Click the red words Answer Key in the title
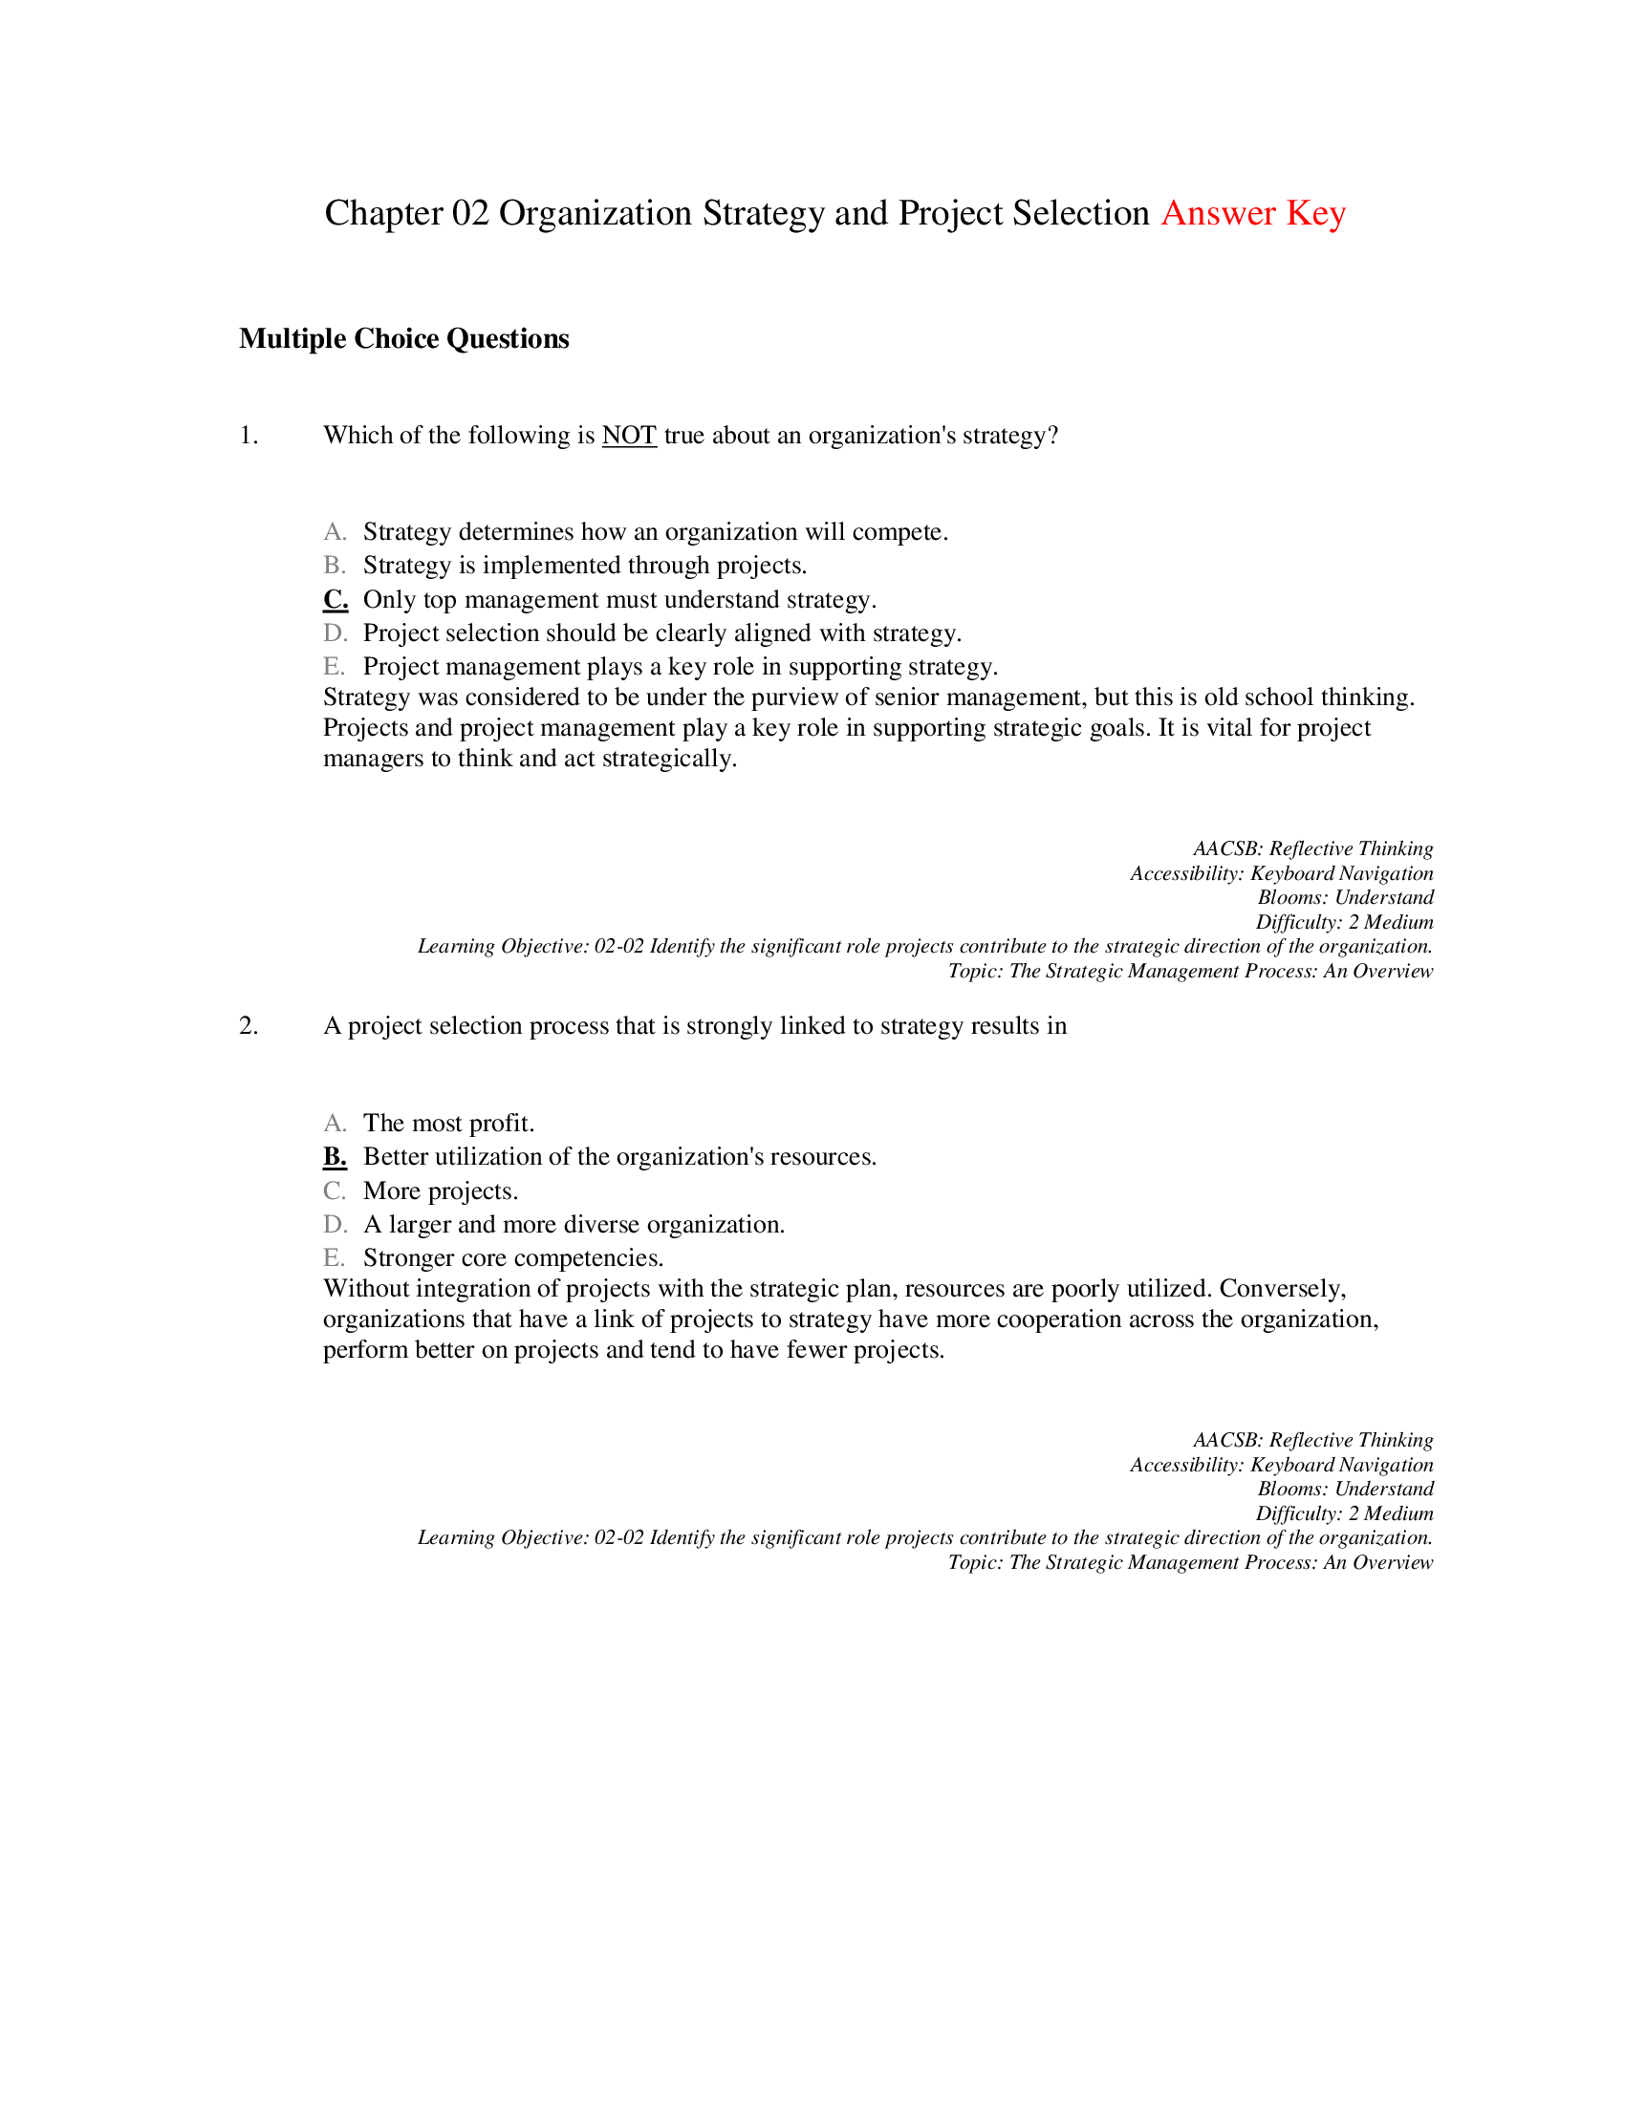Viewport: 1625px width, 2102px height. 1252,214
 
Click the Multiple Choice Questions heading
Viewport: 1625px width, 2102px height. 403,339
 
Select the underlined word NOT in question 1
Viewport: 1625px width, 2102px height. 629,436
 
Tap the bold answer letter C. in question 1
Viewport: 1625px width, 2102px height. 335,600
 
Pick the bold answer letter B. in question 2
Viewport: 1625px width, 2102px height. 335,1157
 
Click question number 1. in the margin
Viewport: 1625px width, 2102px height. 249,436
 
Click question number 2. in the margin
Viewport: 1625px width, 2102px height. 249,1026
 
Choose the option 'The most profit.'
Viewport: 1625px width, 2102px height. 448,1124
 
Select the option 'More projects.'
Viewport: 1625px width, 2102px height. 440,1191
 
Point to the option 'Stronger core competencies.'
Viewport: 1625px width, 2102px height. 513,1259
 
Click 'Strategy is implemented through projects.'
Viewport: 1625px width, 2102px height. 584,566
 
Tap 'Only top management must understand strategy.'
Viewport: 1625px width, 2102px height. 619,600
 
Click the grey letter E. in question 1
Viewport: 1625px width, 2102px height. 334,667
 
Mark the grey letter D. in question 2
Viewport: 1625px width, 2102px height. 335,1225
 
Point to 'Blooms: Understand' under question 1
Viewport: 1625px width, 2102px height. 1345,898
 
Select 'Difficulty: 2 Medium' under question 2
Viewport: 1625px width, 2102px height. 1344,1514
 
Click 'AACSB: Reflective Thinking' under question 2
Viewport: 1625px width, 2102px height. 1312,1441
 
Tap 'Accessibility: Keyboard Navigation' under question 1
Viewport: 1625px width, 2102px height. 1281,874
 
